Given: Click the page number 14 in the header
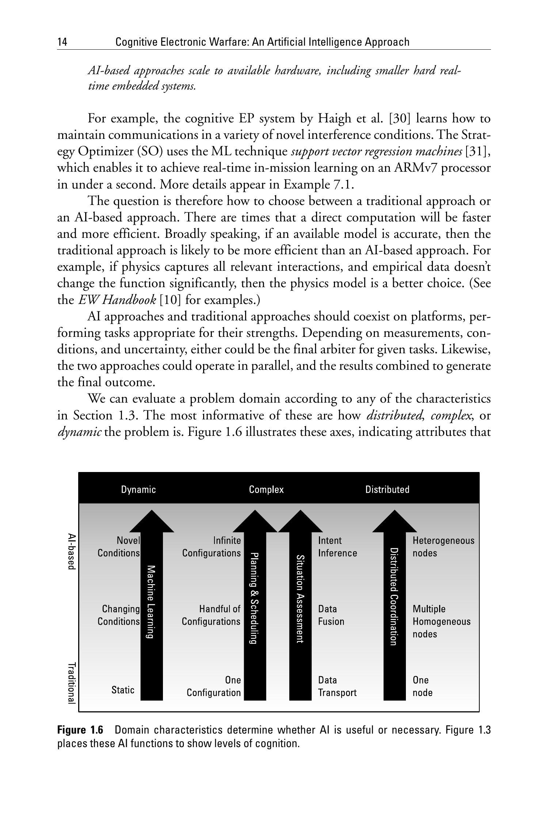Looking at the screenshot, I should pos(62,42).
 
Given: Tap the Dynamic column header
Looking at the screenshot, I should pos(138,490).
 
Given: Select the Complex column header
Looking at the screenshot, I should pos(266,490).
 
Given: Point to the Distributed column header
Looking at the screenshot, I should pos(387,490).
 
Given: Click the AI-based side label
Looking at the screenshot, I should pos(72,551).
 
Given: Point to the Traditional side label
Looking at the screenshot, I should pos(72,683).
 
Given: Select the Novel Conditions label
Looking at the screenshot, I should pos(119,547).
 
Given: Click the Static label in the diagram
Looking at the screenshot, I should pos(123,690).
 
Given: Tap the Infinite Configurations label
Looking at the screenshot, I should pos(212,547).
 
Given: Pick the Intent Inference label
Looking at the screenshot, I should pos(337,547).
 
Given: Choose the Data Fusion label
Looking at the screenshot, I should pos(331,615).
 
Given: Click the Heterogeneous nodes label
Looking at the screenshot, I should pos(443,547).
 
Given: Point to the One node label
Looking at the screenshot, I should pos(422,686).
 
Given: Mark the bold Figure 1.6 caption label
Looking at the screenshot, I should pos(80,730).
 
